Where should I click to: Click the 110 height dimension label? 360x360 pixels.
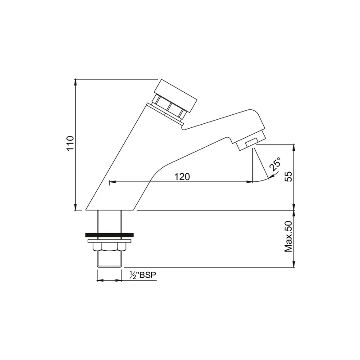(x=70, y=143)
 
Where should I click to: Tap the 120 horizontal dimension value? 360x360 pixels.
(x=182, y=177)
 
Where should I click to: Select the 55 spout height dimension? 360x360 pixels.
(x=288, y=176)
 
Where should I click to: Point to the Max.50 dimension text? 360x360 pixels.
(x=288, y=237)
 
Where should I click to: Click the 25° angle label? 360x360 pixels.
(x=275, y=164)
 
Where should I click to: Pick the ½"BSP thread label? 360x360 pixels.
(x=143, y=275)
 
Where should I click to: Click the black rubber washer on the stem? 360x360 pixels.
(x=109, y=235)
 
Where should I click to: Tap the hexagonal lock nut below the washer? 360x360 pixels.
(x=109, y=247)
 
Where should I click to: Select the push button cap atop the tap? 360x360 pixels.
(x=175, y=96)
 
